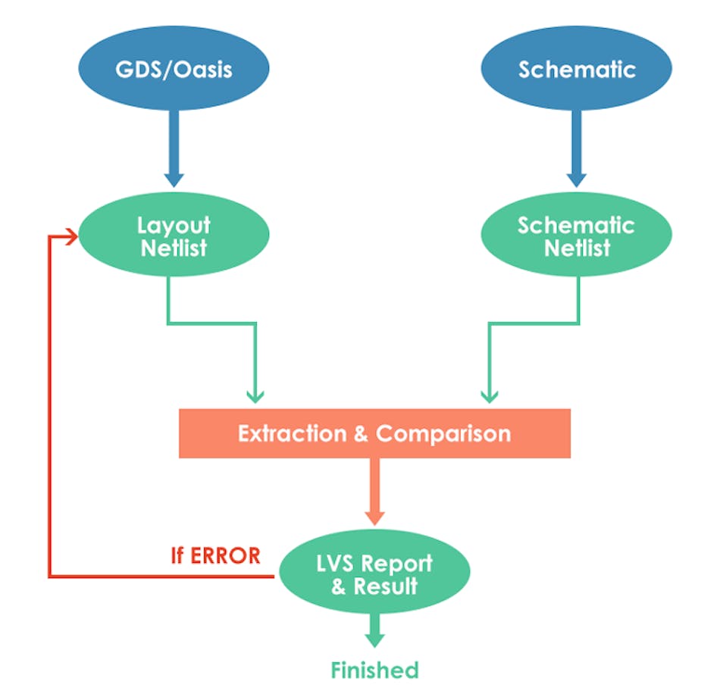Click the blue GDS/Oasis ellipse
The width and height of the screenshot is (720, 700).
click(x=174, y=70)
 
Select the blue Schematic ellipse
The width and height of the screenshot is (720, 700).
click(x=577, y=70)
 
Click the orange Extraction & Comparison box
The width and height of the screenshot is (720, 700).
click(x=374, y=433)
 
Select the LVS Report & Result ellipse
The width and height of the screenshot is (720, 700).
click(x=374, y=574)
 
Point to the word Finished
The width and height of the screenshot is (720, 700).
click(x=374, y=670)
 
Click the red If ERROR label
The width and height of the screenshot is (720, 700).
click(x=215, y=555)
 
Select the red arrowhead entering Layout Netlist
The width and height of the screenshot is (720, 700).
click(x=74, y=236)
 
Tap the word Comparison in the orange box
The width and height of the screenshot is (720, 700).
click(x=443, y=434)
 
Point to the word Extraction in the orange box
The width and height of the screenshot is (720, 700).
click(x=292, y=434)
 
